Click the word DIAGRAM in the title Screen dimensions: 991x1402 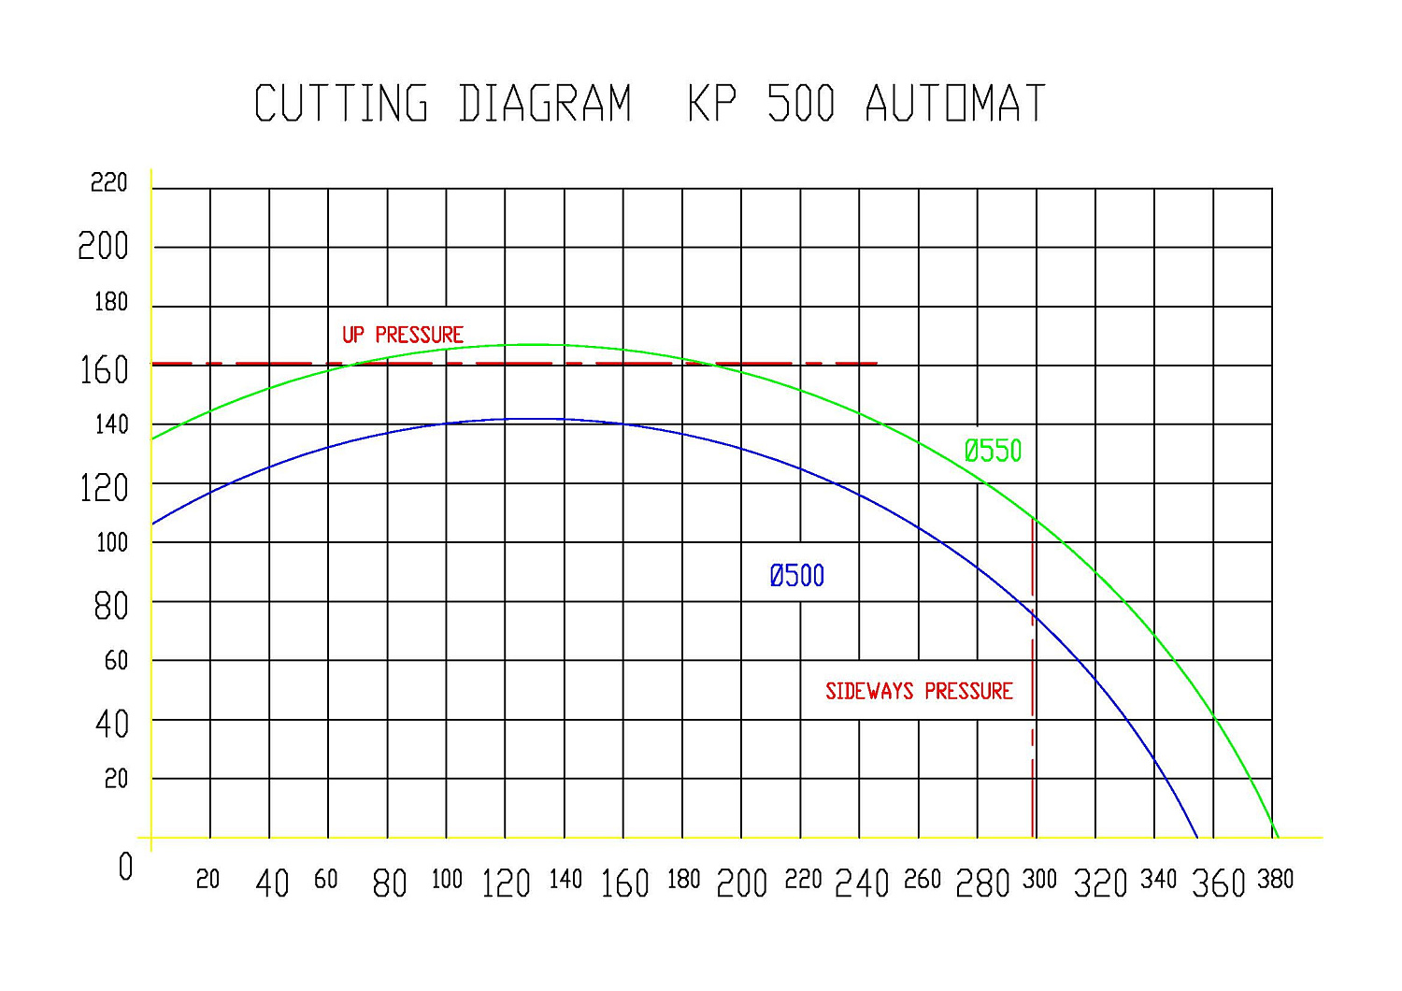click(545, 104)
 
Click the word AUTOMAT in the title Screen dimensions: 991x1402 click(954, 104)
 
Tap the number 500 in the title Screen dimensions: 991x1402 click(800, 104)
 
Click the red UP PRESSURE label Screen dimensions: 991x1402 click(402, 335)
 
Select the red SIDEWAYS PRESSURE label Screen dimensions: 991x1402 click(919, 692)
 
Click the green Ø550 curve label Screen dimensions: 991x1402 click(993, 452)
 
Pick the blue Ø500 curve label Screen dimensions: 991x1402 click(796, 576)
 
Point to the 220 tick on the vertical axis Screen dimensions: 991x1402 click(108, 183)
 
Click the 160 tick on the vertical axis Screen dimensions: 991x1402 click(104, 370)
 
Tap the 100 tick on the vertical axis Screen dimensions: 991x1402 click(111, 543)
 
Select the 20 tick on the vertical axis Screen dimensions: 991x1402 click(116, 779)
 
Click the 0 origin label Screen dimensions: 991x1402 click(125, 868)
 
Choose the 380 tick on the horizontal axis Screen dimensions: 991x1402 click(1275, 880)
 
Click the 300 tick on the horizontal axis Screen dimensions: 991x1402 click(1038, 880)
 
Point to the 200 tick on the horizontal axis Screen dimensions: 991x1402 click(741, 883)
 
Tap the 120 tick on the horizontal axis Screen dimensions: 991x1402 click(506, 883)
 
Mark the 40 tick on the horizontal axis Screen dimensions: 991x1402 click(272, 883)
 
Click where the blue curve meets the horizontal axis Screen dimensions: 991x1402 click(1197, 838)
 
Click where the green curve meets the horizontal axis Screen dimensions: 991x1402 click(1278, 838)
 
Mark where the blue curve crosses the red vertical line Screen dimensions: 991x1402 click(1033, 615)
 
